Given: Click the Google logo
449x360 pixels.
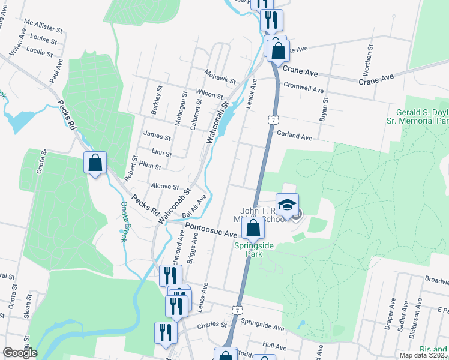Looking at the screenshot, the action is point(19,353).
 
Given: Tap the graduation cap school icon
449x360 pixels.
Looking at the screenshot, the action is point(287,205).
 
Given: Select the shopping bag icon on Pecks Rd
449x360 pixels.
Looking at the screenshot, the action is point(95,163).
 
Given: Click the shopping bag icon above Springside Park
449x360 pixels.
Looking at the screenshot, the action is point(253,229).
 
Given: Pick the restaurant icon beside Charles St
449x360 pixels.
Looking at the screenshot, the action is point(165,332).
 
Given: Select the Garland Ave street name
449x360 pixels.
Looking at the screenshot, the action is point(294,137).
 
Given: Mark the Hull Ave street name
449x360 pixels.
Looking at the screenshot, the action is point(274,347).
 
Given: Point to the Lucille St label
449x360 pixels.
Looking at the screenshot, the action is point(40,52).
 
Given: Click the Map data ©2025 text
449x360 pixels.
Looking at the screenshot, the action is point(424,355).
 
